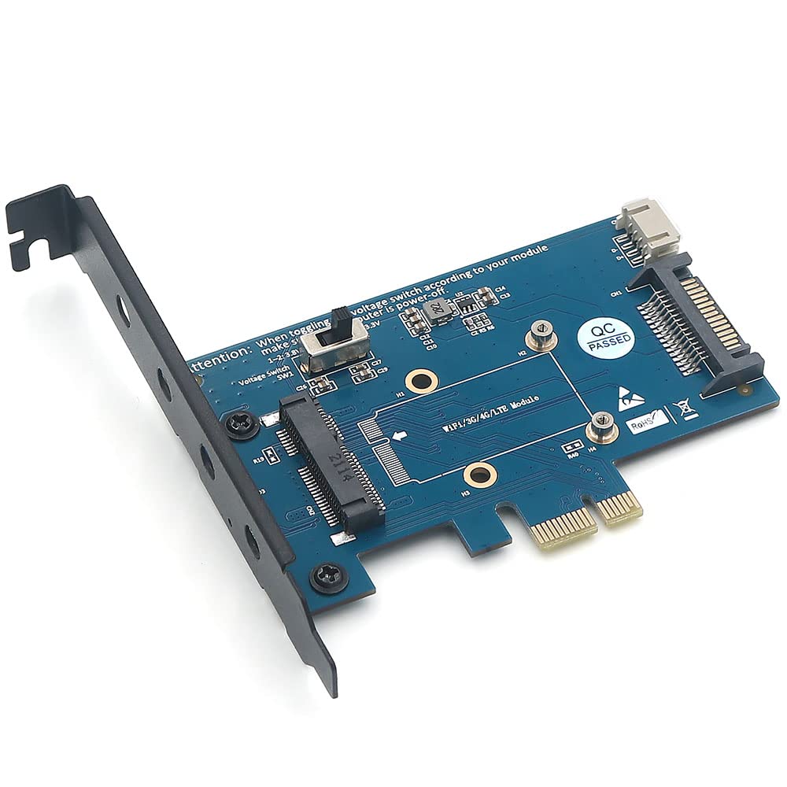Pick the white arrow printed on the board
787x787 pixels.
coord(401,434)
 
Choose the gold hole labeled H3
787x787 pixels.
coord(477,474)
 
